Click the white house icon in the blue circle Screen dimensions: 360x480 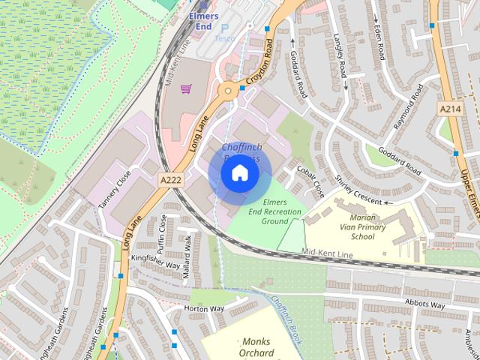point(239,172)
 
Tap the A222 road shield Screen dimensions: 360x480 point(170,179)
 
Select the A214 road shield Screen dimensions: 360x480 point(449,109)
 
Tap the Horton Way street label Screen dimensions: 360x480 point(204,308)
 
